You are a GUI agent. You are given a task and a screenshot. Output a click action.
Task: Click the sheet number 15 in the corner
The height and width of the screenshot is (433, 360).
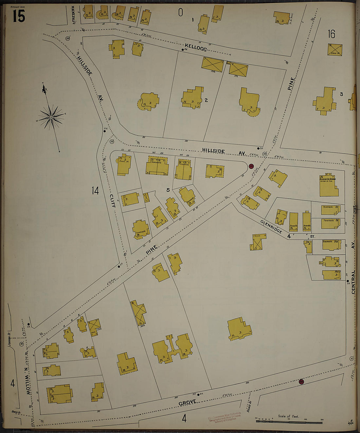tap(19, 16)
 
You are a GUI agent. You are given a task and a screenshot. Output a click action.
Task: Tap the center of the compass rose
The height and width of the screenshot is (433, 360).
tap(51, 117)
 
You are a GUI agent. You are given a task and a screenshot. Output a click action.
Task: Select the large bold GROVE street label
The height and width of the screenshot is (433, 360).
tap(188, 402)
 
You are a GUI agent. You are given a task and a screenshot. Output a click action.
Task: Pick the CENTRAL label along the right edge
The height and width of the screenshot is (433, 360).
tap(353, 282)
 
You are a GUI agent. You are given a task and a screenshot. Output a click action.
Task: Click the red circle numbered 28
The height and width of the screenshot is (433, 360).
tap(251, 166)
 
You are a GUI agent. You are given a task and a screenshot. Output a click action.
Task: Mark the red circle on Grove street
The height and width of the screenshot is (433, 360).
tap(301, 382)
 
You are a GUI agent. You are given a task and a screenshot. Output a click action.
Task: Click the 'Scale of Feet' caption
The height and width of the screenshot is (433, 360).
tap(288, 416)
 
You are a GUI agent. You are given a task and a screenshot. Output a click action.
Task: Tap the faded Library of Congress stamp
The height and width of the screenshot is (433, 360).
tap(225, 418)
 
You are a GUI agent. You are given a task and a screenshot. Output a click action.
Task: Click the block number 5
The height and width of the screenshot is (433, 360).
tap(168, 190)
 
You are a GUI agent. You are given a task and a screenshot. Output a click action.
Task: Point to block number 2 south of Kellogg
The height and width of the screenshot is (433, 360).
tap(206, 100)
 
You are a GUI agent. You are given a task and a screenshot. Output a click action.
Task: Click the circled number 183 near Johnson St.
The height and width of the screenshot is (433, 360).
tap(22, 344)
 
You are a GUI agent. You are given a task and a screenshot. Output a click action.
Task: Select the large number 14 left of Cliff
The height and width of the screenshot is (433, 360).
tap(95, 190)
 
